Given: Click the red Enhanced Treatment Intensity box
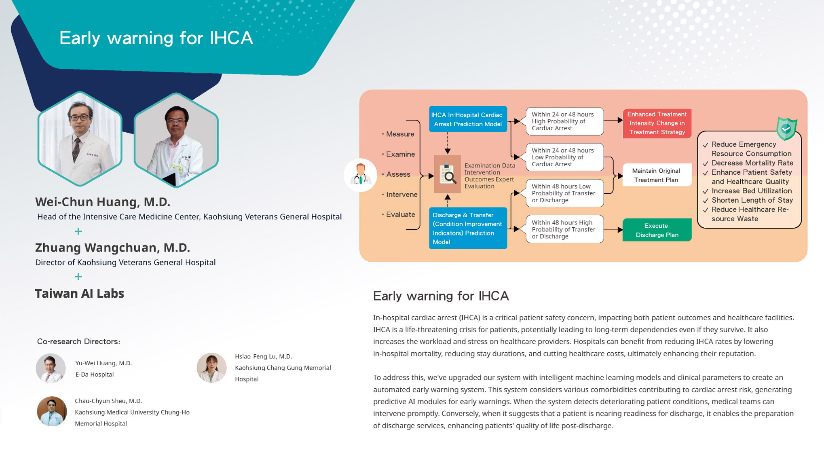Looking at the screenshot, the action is [657, 123].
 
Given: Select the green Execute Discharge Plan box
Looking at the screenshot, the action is [657, 230].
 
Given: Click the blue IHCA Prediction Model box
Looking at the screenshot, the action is [468, 119].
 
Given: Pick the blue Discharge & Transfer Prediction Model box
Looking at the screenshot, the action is [468, 228].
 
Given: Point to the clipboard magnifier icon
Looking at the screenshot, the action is [448, 174].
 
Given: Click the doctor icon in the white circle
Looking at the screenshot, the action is [360, 175].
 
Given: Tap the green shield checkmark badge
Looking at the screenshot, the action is [786, 129].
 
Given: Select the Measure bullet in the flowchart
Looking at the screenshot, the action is [398, 134].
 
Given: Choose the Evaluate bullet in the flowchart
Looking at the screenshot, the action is [399, 214].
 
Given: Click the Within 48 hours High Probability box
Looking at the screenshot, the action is [565, 229].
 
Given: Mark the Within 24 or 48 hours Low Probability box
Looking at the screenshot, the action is [565, 157].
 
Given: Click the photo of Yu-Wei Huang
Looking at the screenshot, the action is [51, 368].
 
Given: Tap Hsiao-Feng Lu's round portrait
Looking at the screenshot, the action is [211, 368].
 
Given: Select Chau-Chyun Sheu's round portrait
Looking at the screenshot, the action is [52, 411].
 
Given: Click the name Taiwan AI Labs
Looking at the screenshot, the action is [80, 294].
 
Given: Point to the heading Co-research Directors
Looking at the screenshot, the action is [79, 342].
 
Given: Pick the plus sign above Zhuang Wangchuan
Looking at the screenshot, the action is [78, 231].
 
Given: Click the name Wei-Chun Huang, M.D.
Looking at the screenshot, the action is [103, 202].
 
